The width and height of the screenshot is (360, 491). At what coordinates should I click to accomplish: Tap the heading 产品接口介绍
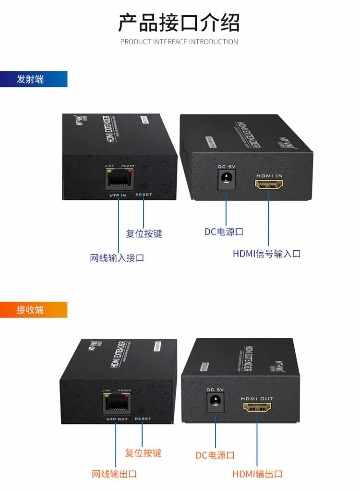(x=179, y=23)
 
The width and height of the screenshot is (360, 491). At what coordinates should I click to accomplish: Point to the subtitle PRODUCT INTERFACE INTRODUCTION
(x=179, y=42)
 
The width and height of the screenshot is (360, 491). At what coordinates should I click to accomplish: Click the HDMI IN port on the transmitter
(x=269, y=184)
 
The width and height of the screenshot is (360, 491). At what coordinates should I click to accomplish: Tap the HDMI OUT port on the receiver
(x=257, y=407)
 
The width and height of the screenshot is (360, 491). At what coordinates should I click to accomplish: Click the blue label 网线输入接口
(x=117, y=258)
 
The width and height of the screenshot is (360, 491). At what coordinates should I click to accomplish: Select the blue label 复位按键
(x=144, y=233)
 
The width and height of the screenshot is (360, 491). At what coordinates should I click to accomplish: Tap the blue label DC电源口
(x=224, y=232)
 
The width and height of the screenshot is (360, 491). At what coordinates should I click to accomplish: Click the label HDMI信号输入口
(x=267, y=254)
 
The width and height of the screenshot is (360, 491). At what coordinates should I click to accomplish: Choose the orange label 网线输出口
(x=114, y=474)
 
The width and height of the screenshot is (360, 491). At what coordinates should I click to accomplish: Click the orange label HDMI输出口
(x=258, y=474)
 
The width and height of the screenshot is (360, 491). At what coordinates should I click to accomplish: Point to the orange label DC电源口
(x=215, y=455)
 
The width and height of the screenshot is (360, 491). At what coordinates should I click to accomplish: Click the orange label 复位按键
(x=143, y=453)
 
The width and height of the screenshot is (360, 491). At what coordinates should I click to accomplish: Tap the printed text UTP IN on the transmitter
(x=117, y=195)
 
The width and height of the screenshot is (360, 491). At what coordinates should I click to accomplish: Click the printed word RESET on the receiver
(x=143, y=419)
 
